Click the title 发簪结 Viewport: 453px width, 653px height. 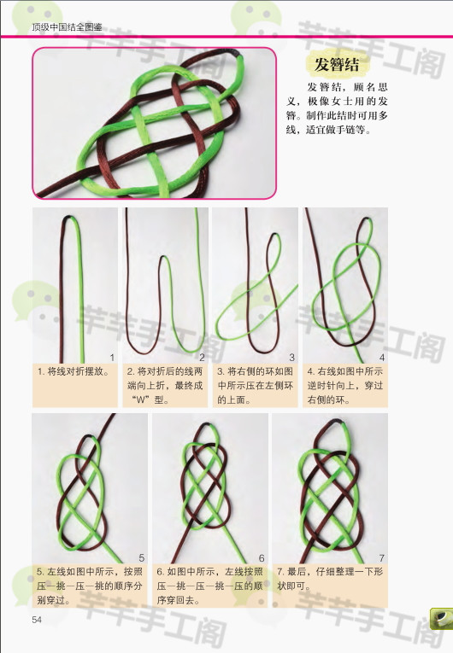coord(336,65)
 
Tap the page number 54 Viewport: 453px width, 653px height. coord(37,619)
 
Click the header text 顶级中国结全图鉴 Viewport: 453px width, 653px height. coord(68,27)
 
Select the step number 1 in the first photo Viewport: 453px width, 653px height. coord(112,358)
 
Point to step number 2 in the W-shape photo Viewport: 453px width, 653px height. coord(202,358)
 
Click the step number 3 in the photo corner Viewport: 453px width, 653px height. coord(292,358)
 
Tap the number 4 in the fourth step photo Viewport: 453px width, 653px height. coord(382,358)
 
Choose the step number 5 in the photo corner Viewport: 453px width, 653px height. coord(141,557)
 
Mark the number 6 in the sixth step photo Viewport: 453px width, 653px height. coord(262,557)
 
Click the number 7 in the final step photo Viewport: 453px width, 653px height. coord(382,557)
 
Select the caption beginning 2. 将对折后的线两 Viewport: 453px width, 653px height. coord(165,386)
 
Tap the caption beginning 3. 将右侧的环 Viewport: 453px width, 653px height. coord(256,386)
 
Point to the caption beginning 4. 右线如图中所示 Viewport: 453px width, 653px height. coord(345,386)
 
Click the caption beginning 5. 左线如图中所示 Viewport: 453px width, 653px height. coord(90,586)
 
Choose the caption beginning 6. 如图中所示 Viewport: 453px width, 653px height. coord(209,586)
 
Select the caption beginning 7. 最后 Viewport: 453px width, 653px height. coord(330,579)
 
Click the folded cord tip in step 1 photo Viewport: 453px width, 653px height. coord(70,218)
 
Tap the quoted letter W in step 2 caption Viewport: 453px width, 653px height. coord(142,399)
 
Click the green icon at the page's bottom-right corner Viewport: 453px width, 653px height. coord(441,619)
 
